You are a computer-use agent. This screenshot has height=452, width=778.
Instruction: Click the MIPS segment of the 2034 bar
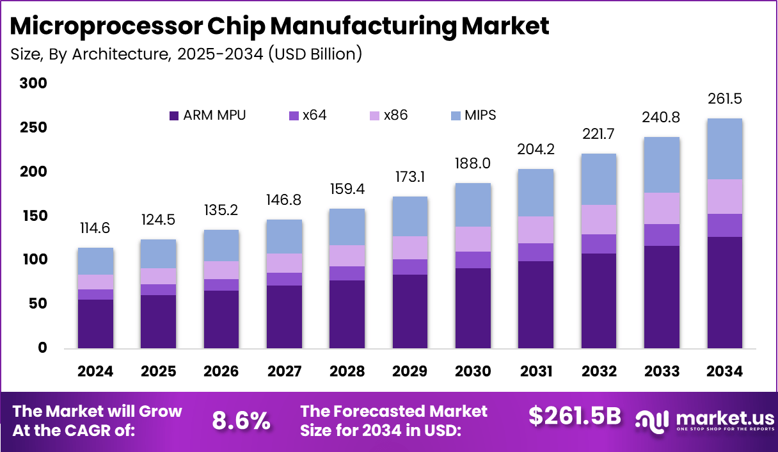725,149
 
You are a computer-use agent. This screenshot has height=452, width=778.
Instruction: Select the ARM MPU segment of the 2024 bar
95,323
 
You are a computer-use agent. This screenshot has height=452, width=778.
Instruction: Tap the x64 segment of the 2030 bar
473,259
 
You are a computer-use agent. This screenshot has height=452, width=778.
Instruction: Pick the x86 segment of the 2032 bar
598,220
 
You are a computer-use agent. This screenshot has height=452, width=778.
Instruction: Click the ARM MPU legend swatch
174,116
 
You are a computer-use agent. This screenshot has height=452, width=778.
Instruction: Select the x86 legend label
395,116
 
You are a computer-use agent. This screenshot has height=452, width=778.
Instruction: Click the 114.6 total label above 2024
95,229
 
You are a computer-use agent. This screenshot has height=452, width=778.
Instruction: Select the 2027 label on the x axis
284,371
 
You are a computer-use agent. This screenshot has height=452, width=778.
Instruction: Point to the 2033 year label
662,371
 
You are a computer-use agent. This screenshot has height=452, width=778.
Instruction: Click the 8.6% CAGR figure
241,421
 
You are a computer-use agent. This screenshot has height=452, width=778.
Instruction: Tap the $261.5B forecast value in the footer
575,416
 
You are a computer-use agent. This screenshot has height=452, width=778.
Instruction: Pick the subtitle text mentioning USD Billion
186,54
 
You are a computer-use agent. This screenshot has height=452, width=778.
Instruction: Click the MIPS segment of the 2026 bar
221,245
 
